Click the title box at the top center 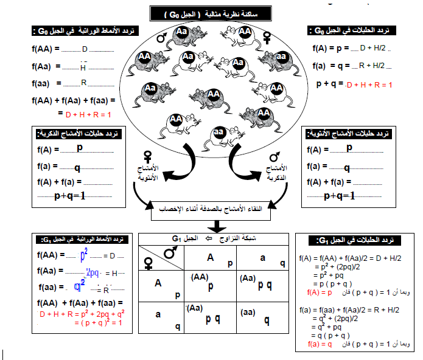212,13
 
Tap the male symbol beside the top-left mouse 163,38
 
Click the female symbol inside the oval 266,38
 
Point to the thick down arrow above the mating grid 212,226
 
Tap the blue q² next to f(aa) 79,287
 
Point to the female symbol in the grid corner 147,263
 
